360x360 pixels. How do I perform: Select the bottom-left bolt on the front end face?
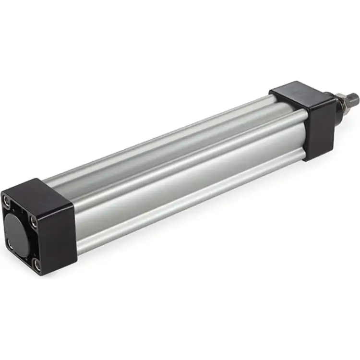coord(11,245)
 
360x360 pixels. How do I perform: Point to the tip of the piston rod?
coord(355,97)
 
